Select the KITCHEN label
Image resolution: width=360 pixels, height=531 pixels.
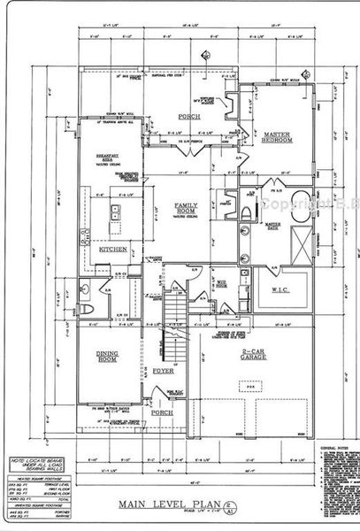pyautogui.click(x=112, y=250)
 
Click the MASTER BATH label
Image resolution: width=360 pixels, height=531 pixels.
pyautogui.click(x=255, y=233)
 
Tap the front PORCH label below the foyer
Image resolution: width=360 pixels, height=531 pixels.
pyautogui.click(x=161, y=412)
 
